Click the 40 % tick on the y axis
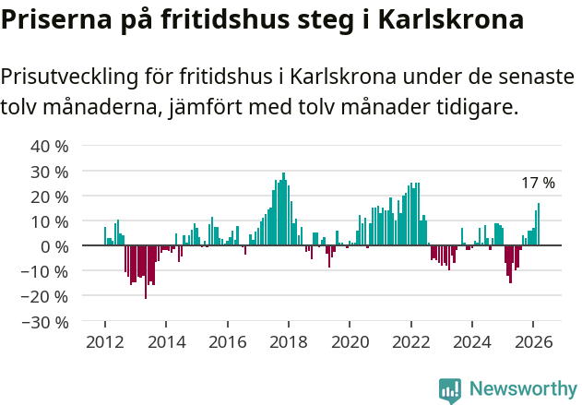[50, 146]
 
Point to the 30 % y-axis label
[50, 172]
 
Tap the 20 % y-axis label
[50, 197]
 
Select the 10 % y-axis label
[50, 221]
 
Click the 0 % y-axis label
[54, 246]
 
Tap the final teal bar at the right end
[539, 224]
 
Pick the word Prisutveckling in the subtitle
[73, 77]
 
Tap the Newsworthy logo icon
[449, 390]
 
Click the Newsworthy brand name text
[522, 390]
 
